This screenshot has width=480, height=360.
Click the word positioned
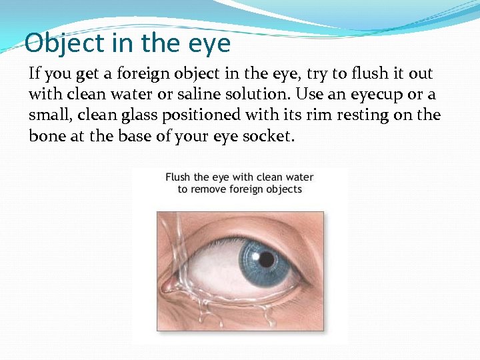(x=195, y=115)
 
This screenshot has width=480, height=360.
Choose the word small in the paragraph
(x=49, y=115)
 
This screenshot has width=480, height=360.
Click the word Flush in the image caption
(x=177, y=177)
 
